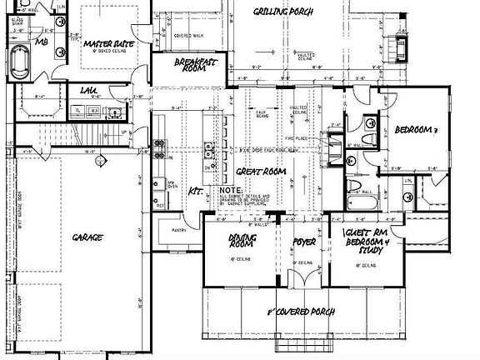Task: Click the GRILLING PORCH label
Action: (283, 12)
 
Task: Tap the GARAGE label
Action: (87, 237)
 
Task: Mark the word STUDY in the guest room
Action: (367, 247)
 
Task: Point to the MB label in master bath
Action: (41, 41)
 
